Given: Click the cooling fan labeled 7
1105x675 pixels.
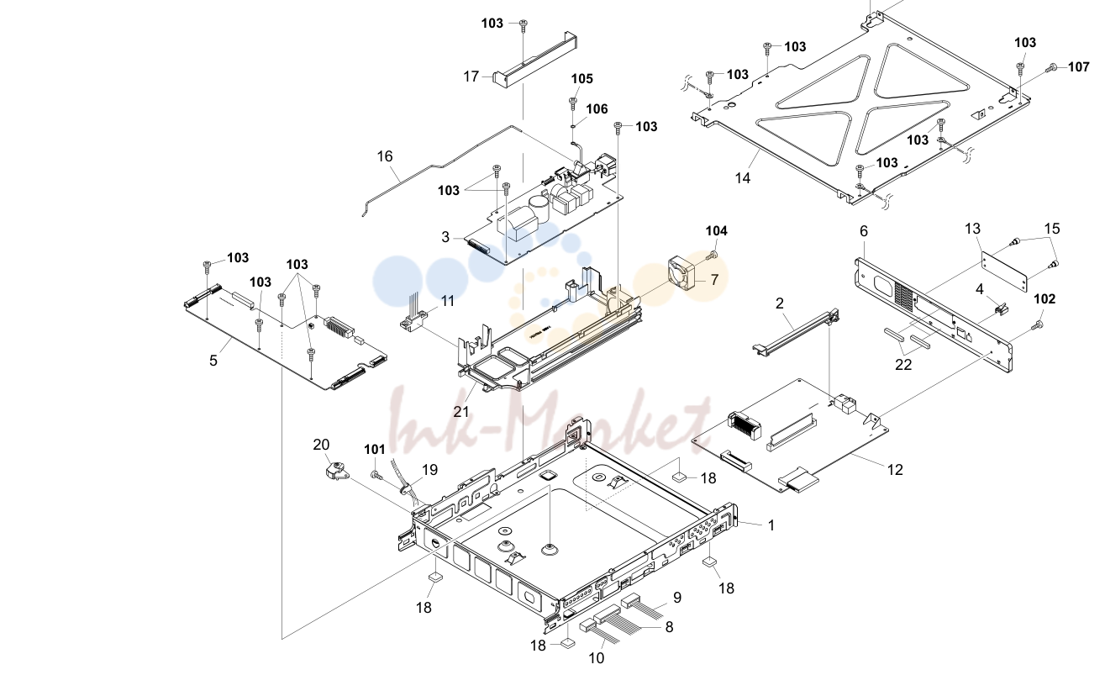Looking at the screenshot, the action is pyautogui.click(x=681, y=272).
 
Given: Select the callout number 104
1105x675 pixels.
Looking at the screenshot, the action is pyautogui.click(x=716, y=231).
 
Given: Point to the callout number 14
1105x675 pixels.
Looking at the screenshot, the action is pyautogui.click(x=743, y=177).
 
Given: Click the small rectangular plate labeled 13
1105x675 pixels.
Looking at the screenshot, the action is pyautogui.click(x=1004, y=272).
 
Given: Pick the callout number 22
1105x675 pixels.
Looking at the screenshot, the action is pyautogui.click(x=903, y=365).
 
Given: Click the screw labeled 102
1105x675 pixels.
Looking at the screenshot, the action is pyautogui.click(x=1038, y=324).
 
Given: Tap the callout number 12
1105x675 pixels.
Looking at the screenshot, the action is pyautogui.click(x=895, y=470).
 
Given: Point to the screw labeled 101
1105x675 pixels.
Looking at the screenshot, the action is pyautogui.click(x=376, y=475).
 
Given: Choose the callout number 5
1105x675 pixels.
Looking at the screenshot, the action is pyautogui.click(x=213, y=361).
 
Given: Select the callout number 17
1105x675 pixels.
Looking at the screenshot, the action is pyautogui.click(x=471, y=76).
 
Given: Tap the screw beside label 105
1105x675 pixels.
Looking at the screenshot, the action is pyautogui.click(x=573, y=103).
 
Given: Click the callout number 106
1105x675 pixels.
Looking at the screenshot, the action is pyautogui.click(x=597, y=108).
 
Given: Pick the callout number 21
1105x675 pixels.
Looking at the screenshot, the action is pyautogui.click(x=461, y=412).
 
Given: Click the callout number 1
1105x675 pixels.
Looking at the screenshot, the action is pyautogui.click(x=771, y=525).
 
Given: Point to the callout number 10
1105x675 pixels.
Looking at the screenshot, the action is pyautogui.click(x=597, y=657).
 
